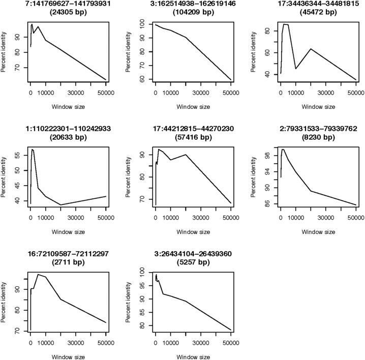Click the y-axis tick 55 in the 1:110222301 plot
coord(19,155)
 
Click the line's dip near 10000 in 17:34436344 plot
coord(296,69)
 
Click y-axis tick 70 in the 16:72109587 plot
coord(19,331)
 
